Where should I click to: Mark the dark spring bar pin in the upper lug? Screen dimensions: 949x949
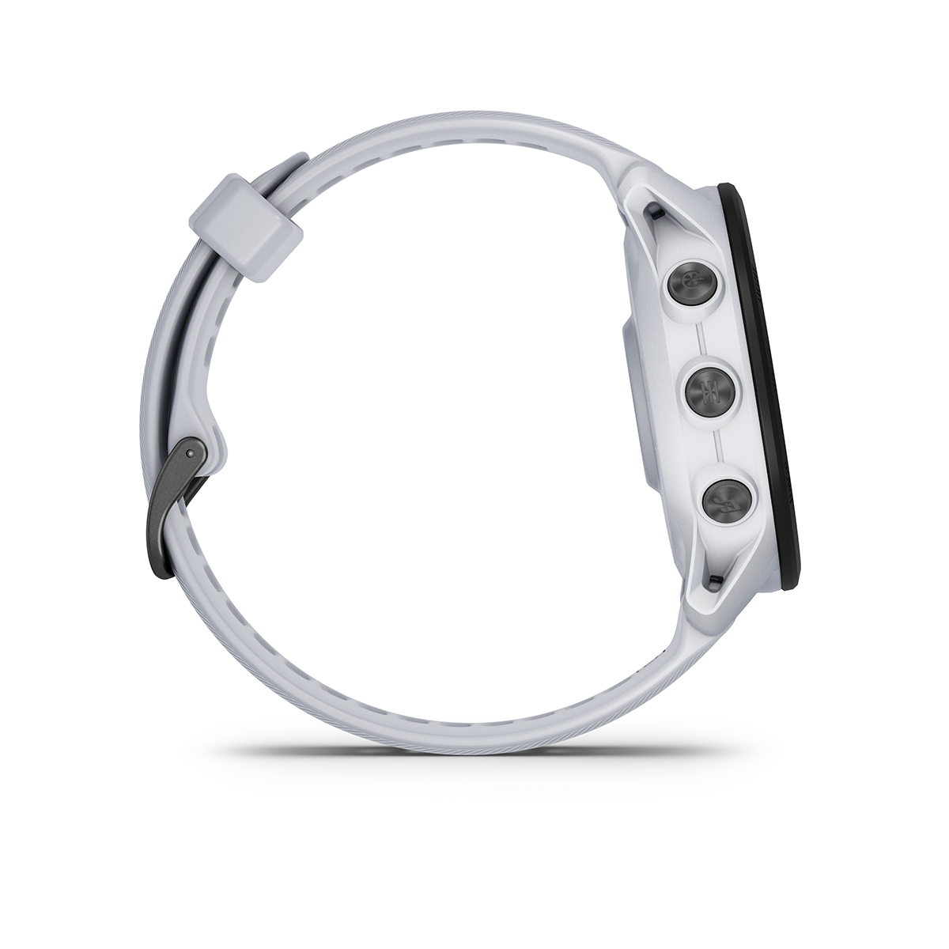[x=655, y=212]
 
